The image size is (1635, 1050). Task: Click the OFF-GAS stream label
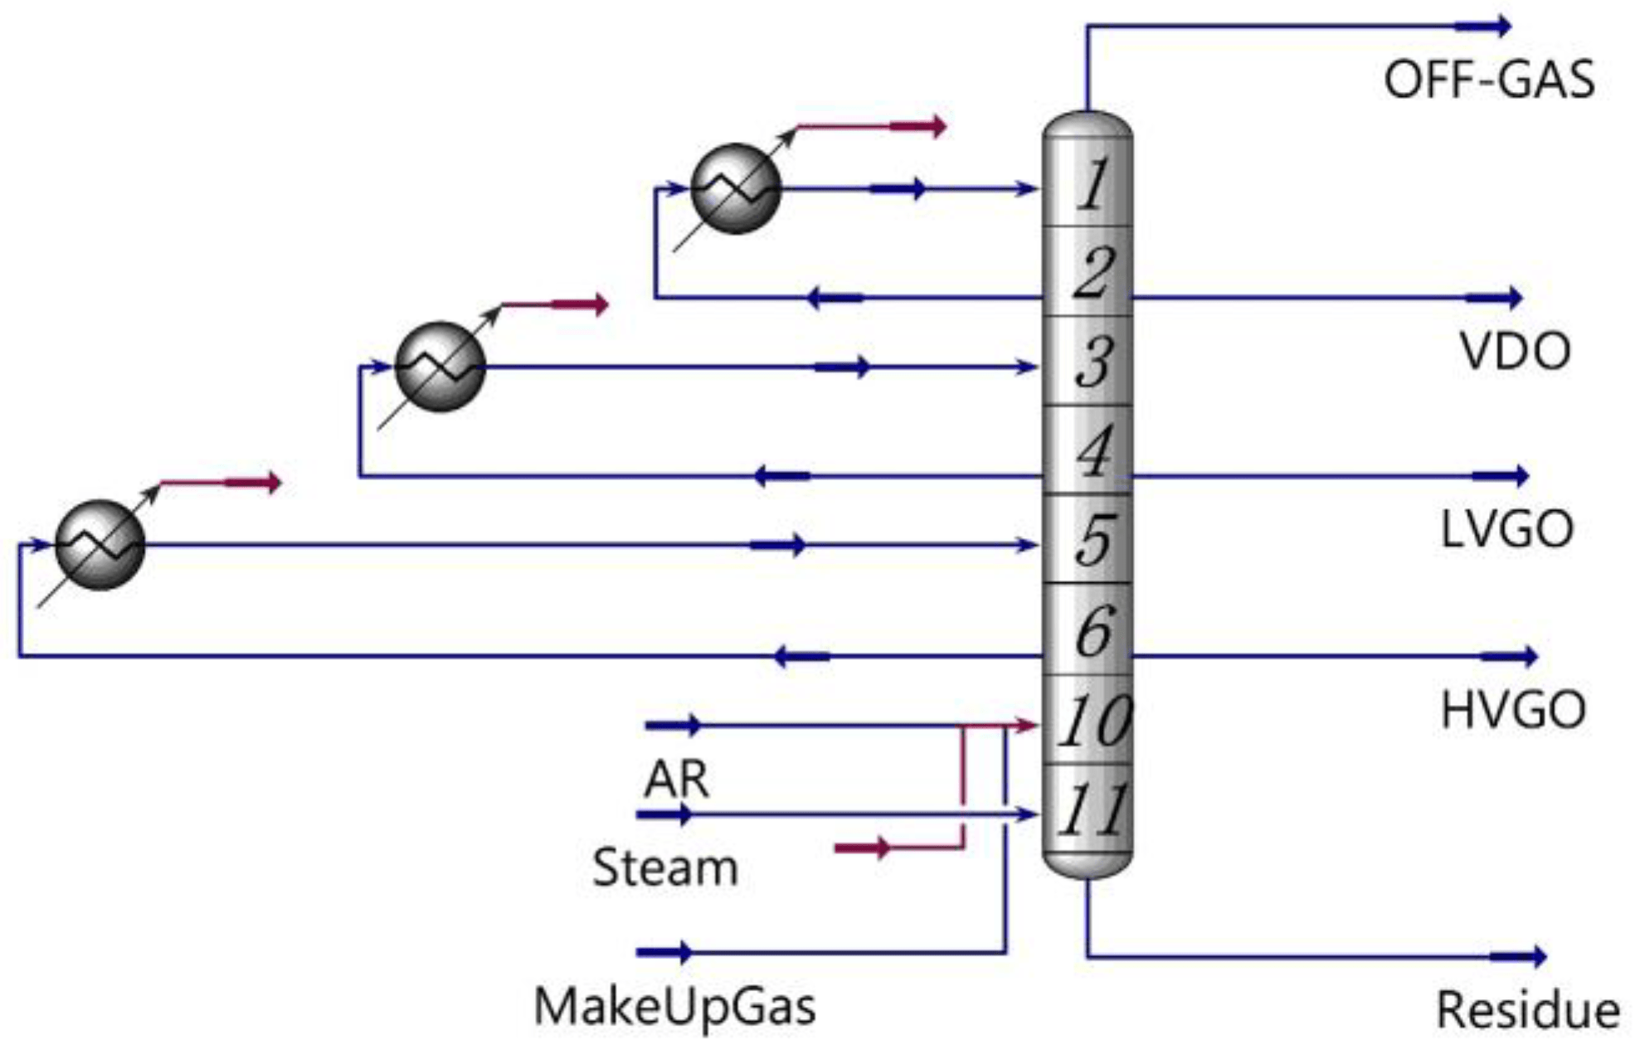(1488, 80)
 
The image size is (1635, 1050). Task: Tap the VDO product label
(1515, 352)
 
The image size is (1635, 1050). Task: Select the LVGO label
(1506, 529)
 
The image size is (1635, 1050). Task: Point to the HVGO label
(1513, 711)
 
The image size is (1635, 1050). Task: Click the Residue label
(1527, 1010)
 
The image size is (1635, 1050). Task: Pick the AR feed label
(676, 779)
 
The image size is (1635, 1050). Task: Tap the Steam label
(664, 868)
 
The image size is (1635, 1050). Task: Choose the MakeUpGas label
(674, 1007)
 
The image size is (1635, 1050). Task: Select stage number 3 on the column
(1093, 362)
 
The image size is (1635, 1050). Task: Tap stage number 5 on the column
(1093, 539)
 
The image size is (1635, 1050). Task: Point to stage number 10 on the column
(1093, 720)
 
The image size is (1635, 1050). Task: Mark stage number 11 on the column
(1093, 809)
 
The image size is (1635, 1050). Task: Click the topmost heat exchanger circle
(736, 189)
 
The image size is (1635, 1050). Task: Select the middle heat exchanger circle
(440, 367)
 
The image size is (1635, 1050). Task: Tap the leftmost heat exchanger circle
(100, 545)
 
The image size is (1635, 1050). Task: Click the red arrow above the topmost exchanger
(917, 127)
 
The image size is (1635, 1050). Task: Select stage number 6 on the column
(1093, 630)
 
